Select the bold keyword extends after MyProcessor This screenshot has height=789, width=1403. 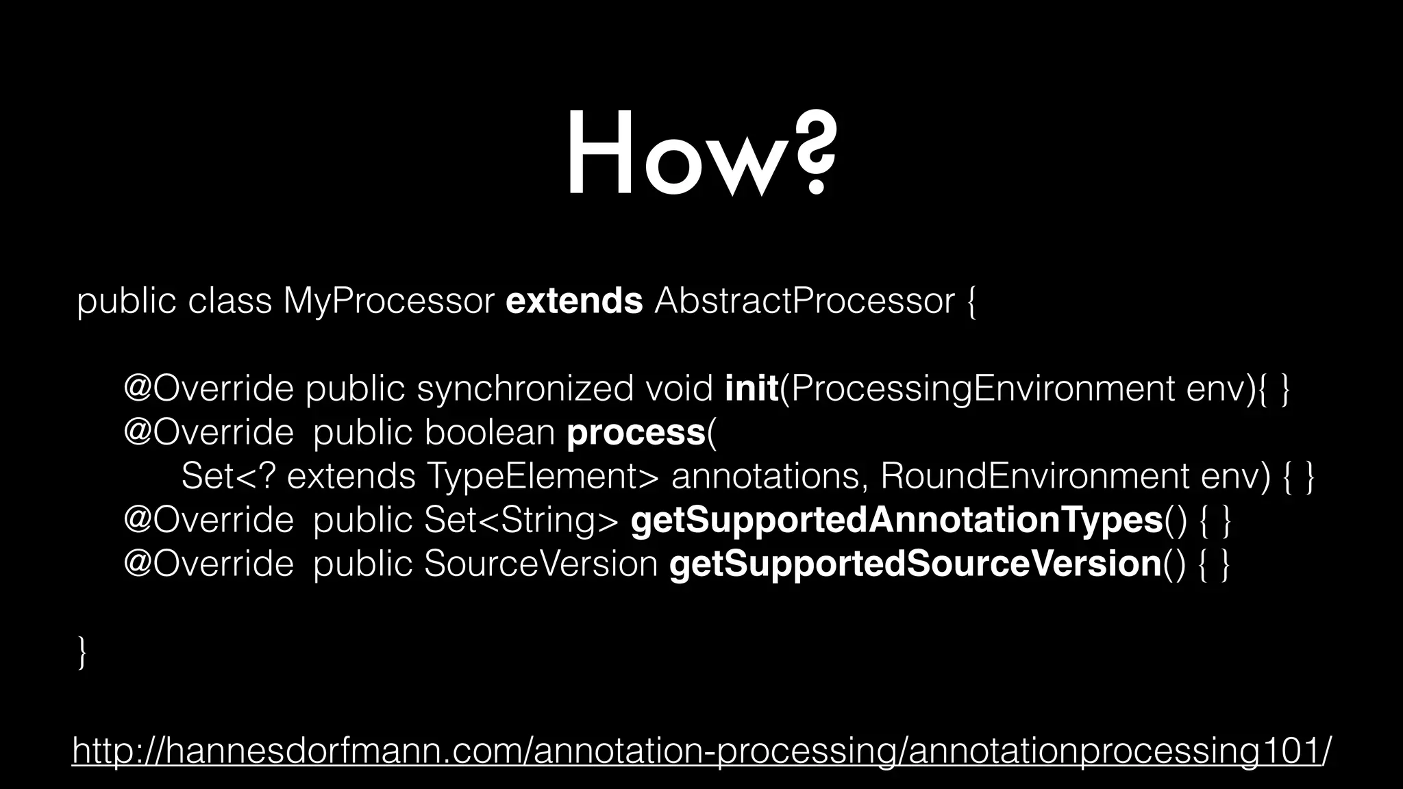[x=574, y=301]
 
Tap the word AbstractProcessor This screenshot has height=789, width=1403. [x=804, y=301]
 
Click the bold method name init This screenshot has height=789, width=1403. [x=752, y=389]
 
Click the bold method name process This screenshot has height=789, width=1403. [x=636, y=433]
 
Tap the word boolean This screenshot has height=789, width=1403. [x=489, y=433]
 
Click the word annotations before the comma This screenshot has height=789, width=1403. [x=765, y=477]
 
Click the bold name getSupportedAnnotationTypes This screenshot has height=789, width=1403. [x=896, y=521]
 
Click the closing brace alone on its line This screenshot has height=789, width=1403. [x=82, y=652]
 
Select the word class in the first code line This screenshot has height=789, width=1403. [x=229, y=301]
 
